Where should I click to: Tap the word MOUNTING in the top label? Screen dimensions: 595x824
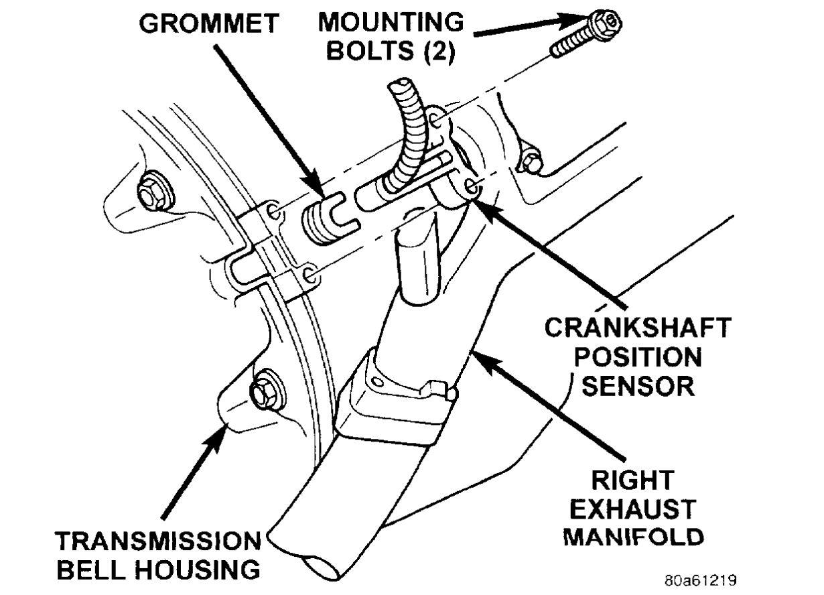[x=391, y=22]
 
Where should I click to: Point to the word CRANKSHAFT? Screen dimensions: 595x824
[x=636, y=328]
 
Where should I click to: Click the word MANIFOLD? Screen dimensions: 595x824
[x=633, y=537]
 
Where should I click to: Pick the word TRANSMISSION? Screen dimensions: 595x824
[x=158, y=541]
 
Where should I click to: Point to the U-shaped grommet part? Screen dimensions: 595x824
[x=326, y=214]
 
